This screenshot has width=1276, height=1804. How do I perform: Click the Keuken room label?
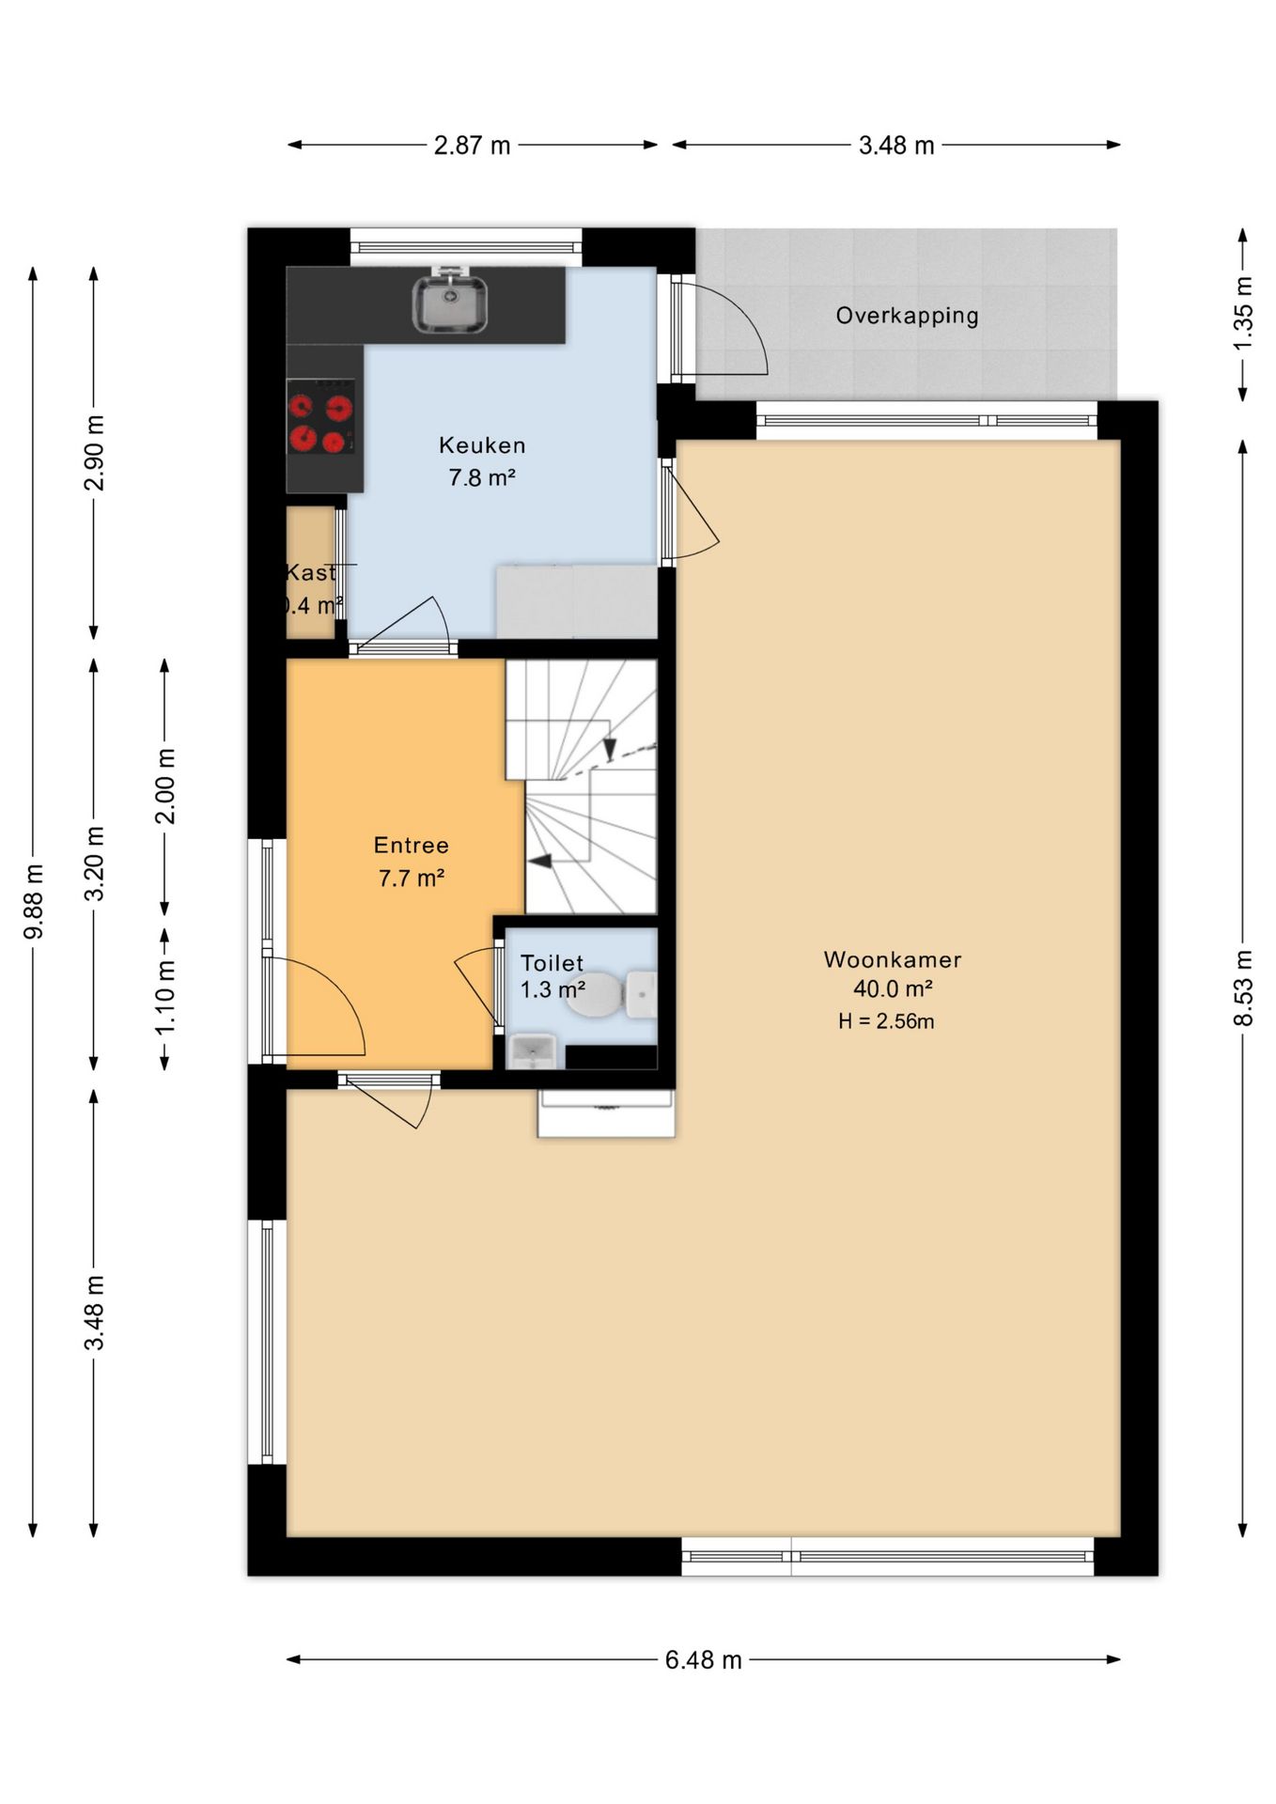pyautogui.click(x=482, y=445)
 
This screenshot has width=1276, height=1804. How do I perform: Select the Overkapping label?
pyautogui.click(x=907, y=316)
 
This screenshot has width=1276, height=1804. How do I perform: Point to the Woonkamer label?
pyautogui.click(x=893, y=959)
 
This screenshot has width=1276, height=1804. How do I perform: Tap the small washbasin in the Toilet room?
pyautogui.click(x=532, y=1051)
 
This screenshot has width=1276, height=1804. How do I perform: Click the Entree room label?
pyautogui.click(x=412, y=846)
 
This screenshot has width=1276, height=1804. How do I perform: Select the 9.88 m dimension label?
pyautogui.click(x=34, y=901)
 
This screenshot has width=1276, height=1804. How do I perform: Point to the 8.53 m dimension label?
pyautogui.click(x=1243, y=988)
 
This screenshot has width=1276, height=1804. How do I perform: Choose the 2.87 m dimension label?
pyautogui.click(x=472, y=146)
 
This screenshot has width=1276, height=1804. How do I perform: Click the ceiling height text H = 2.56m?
pyautogui.click(x=886, y=1021)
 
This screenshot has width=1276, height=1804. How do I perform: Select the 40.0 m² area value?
pyautogui.click(x=893, y=988)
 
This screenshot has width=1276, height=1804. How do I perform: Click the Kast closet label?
pyautogui.click(x=311, y=572)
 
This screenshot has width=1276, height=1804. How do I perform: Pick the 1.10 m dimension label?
pyautogui.click(x=165, y=998)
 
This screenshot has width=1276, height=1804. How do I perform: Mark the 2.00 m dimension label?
pyautogui.click(x=165, y=786)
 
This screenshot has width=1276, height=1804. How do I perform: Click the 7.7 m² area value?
pyautogui.click(x=412, y=879)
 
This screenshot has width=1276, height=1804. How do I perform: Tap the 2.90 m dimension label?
pyautogui.click(x=95, y=453)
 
